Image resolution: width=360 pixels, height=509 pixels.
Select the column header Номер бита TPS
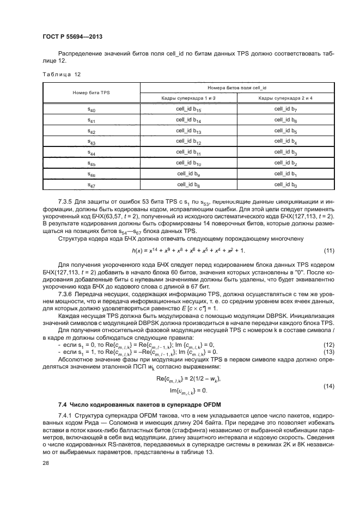91,93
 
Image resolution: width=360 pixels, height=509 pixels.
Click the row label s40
91,110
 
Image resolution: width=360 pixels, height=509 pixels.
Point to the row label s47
91,186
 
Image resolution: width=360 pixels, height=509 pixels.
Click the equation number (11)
328,235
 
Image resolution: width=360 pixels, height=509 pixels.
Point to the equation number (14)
328,386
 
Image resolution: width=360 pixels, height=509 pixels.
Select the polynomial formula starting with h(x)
188,235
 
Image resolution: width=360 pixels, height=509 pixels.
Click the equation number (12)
328,345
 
